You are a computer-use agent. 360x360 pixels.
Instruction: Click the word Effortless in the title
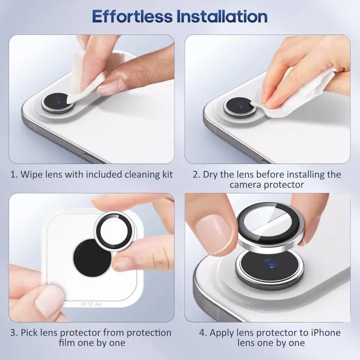tap(132, 16)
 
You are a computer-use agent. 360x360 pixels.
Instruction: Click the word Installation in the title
tap(222, 16)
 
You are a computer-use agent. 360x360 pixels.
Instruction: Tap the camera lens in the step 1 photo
tap(57, 101)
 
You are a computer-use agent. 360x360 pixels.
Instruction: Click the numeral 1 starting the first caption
tap(13, 174)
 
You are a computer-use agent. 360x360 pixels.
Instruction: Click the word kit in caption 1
tap(166, 174)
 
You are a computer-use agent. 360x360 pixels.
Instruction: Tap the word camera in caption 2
tap(246, 185)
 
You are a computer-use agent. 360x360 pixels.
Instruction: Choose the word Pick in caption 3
tap(31, 332)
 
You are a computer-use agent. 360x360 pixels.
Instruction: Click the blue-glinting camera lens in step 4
tap(268, 265)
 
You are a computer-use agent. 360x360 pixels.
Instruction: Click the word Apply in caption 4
tap(215, 332)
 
